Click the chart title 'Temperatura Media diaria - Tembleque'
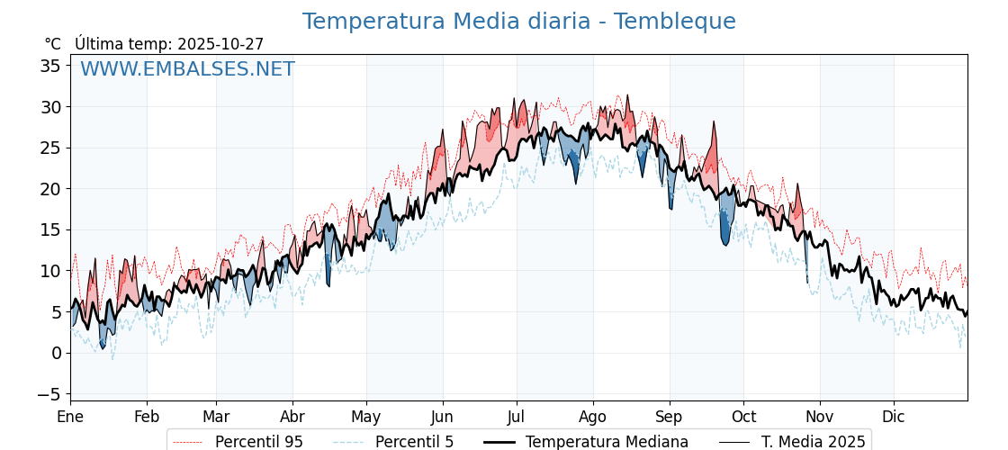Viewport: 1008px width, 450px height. pyautogui.click(x=518, y=22)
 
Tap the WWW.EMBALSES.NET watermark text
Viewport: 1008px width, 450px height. pyautogui.click(x=187, y=69)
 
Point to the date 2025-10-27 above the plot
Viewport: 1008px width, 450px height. pyautogui.click(x=220, y=44)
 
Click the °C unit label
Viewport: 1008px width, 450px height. pyautogui.click(x=52, y=44)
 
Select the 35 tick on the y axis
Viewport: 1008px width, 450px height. pyautogui.click(x=50, y=66)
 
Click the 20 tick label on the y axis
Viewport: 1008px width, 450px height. pyautogui.click(x=50, y=189)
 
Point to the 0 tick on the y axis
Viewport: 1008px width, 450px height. pyautogui.click(x=56, y=353)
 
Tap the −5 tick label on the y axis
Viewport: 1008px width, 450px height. pyautogui.click(x=50, y=394)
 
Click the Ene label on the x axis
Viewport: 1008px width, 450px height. pyautogui.click(x=70, y=417)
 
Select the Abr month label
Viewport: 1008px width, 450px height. pyautogui.click(x=292, y=417)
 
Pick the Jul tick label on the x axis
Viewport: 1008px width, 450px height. pyautogui.click(x=517, y=417)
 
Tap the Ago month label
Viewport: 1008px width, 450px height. pyautogui.click(x=593, y=417)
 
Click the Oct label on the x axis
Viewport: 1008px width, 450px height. pyautogui.click(x=743, y=417)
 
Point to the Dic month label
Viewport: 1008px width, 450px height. pyautogui.click(x=894, y=417)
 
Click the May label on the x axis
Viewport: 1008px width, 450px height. pyautogui.click(x=366, y=417)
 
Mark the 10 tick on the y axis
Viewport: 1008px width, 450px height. pyautogui.click(x=50, y=271)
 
